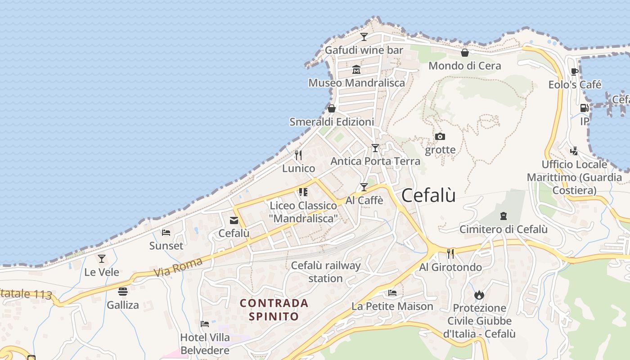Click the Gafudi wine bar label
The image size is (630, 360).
[x=364, y=50]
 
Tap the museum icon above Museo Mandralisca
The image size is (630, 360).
[x=356, y=70]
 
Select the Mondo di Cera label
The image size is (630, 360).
[x=464, y=66]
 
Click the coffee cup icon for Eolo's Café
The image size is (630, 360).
[x=575, y=72]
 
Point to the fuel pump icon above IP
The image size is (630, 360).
[x=584, y=108]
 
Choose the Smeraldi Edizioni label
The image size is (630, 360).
[x=332, y=122]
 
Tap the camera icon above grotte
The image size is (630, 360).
[x=440, y=136]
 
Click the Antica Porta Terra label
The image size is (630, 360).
[x=375, y=161]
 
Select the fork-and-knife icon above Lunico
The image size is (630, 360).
[x=298, y=155]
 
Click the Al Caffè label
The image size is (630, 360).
[x=364, y=200]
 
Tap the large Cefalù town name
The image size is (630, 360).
[x=428, y=195]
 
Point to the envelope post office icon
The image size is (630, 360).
[x=234, y=220]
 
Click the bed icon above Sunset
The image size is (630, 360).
[x=166, y=233]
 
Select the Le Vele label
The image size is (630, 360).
[x=102, y=272]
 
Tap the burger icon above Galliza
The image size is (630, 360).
[x=123, y=292]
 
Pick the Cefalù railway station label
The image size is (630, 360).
[x=326, y=272]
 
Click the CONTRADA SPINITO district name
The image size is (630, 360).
[x=274, y=310]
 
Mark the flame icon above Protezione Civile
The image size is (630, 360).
[x=479, y=295]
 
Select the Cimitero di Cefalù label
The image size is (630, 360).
[x=503, y=229]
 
